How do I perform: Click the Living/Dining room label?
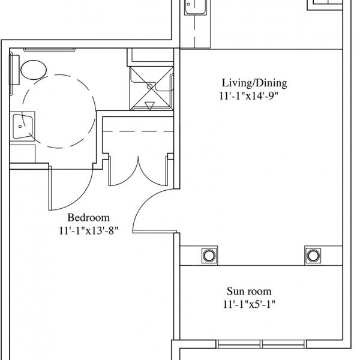click(x=254, y=83)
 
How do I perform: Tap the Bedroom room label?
click(x=88, y=218)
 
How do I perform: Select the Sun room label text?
click(x=249, y=291)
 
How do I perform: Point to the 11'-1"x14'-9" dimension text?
click(x=248, y=96)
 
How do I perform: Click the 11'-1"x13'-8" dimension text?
click(x=89, y=231)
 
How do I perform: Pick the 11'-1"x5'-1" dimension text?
click(x=249, y=304)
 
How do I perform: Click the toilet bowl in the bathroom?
click(x=34, y=70)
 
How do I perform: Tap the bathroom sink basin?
click(x=22, y=126)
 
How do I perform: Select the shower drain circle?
click(x=149, y=86)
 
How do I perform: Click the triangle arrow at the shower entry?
click(x=149, y=106)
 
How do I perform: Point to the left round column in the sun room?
click(x=209, y=256)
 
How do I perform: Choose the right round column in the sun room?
click(x=313, y=255)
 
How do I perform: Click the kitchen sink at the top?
click(x=196, y=7)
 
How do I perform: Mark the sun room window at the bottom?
click(x=261, y=344)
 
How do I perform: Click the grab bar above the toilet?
click(x=49, y=50)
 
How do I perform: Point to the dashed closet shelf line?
click(x=138, y=131)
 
